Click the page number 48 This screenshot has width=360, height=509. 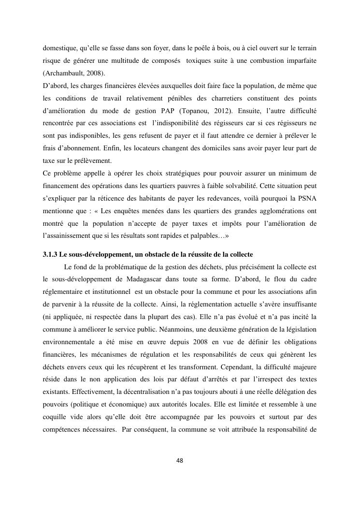tap(180, 460)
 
